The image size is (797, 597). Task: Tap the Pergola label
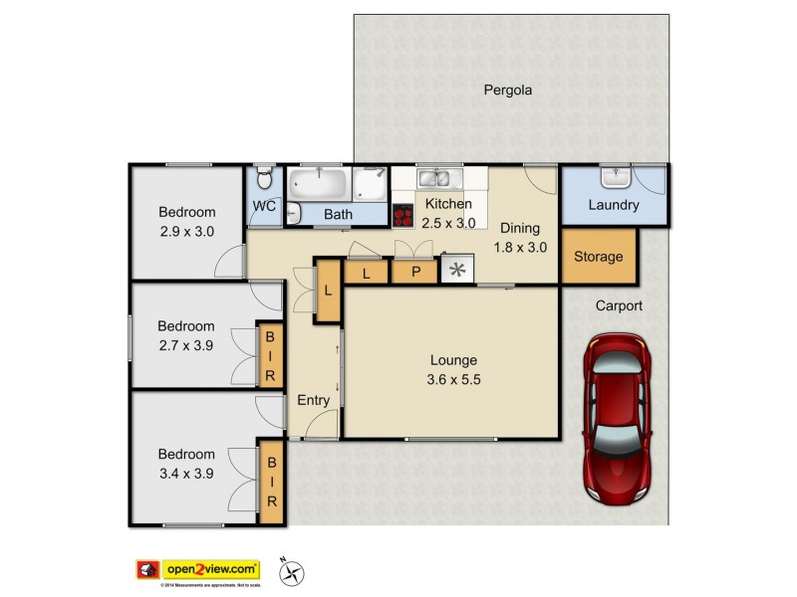[x=508, y=90]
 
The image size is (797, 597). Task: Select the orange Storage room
[x=598, y=256]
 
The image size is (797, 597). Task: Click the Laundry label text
[x=613, y=206]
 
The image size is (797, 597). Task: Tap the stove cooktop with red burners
[x=403, y=215]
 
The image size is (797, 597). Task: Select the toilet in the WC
[x=263, y=180]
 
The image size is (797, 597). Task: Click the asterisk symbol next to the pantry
[x=458, y=270]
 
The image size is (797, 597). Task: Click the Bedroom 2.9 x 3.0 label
[x=187, y=221]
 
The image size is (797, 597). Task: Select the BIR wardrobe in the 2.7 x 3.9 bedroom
[x=270, y=356]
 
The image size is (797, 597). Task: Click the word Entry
[x=313, y=400]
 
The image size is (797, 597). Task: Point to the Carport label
[x=620, y=306]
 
